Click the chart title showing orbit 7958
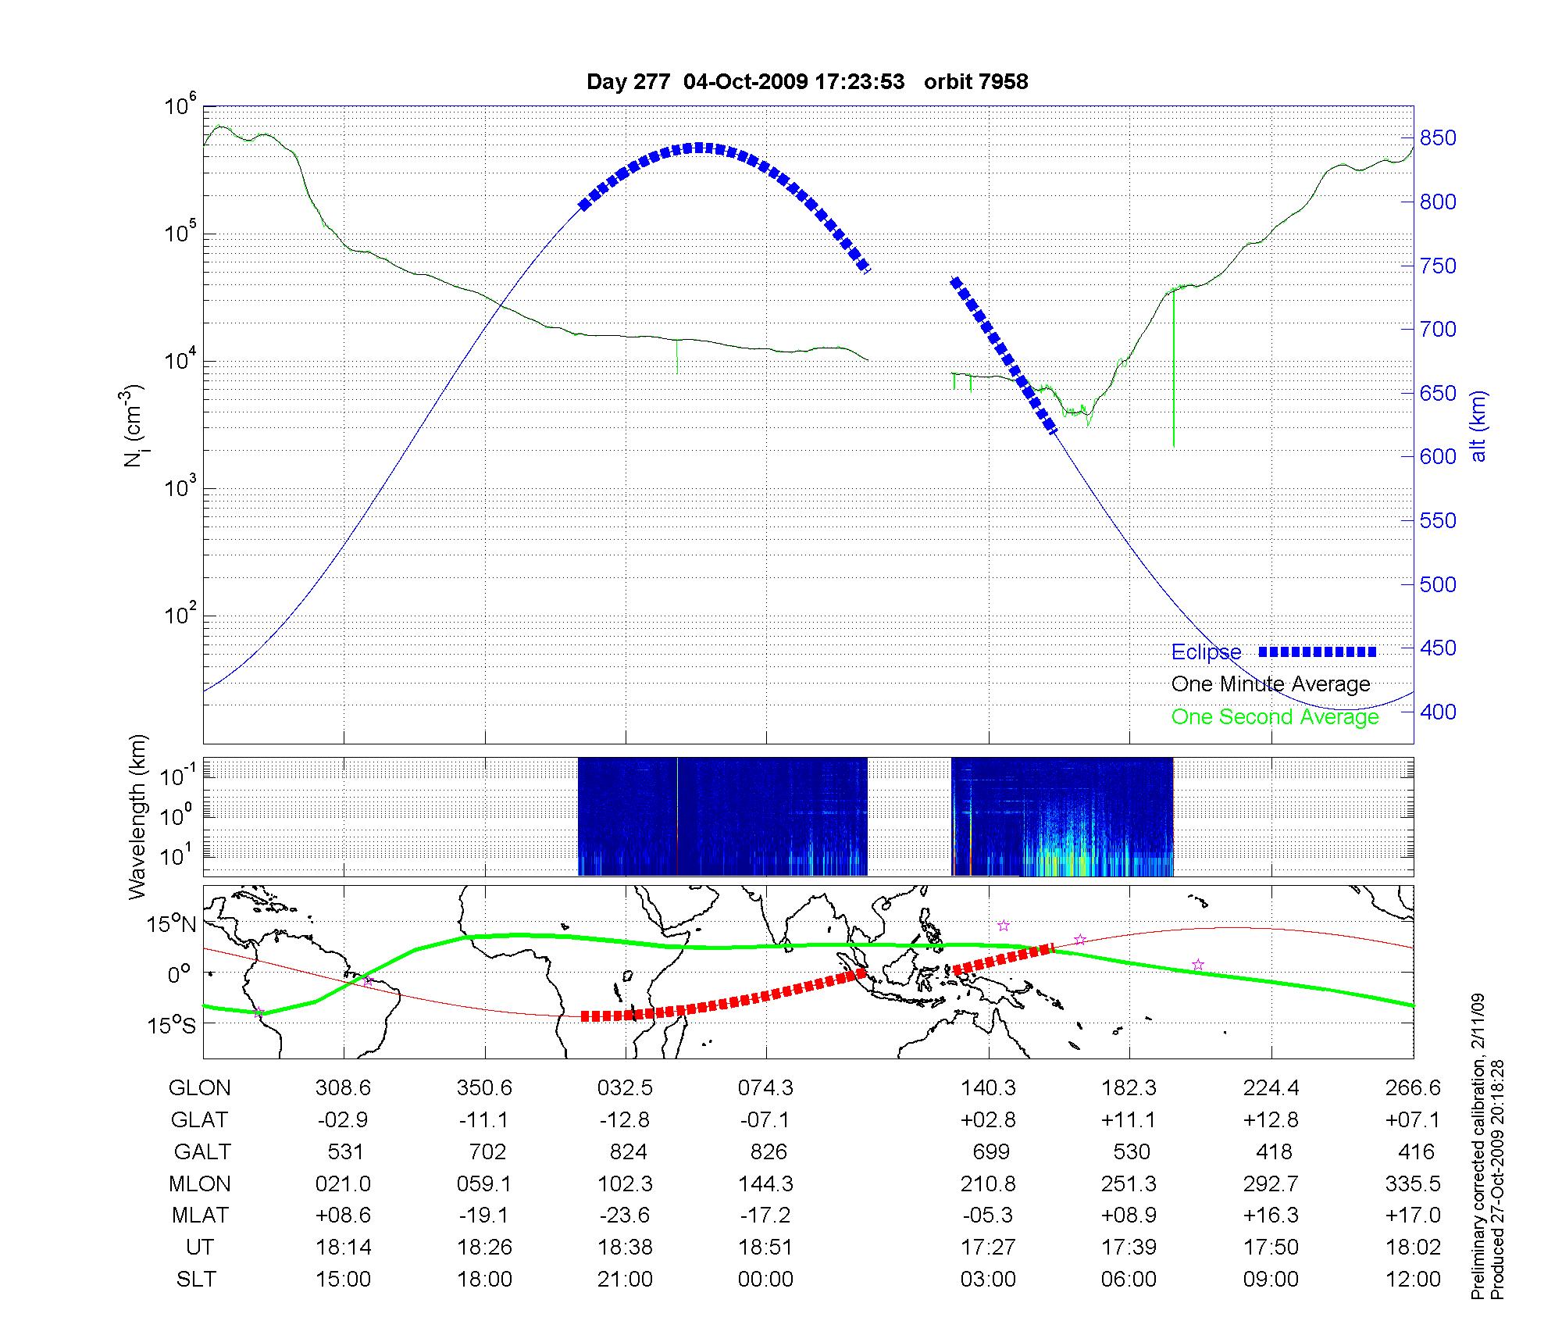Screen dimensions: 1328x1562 pyautogui.click(x=807, y=81)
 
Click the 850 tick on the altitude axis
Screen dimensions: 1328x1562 pyautogui.click(x=1437, y=138)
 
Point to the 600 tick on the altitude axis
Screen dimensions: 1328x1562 pyautogui.click(x=1437, y=456)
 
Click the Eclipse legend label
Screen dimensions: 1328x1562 pyautogui.click(x=1206, y=652)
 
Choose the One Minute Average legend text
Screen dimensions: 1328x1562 pyautogui.click(x=1271, y=684)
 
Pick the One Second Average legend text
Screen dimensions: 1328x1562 pyautogui.click(x=1275, y=717)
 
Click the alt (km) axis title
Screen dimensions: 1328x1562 pyautogui.click(x=1478, y=426)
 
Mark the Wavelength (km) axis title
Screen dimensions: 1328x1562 pyautogui.click(x=137, y=816)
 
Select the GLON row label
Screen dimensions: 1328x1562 pyautogui.click(x=200, y=1088)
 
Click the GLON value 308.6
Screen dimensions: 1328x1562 pyautogui.click(x=344, y=1088)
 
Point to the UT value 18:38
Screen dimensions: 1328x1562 pyautogui.click(x=625, y=1247)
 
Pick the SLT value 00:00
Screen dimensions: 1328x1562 pyautogui.click(x=766, y=1279)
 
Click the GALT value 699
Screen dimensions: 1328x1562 pyautogui.click(x=990, y=1151)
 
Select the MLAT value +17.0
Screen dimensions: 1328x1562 pyautogui.click(x=1414, y=1215)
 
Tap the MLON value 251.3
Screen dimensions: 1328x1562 pyautogui.click(x=1129, y=1183)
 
